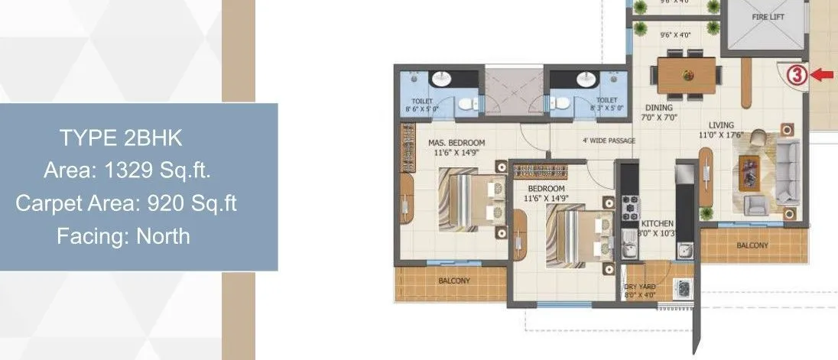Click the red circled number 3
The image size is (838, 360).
pos(797,75)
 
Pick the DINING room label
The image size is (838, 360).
pos(658,108)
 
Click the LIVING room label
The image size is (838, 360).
pos(720,125)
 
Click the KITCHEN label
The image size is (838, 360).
pos(658,223)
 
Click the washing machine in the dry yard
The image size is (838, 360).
pos(683,289)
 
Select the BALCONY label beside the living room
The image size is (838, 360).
pos(752,246)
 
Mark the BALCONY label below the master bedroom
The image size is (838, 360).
pos(454,281)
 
